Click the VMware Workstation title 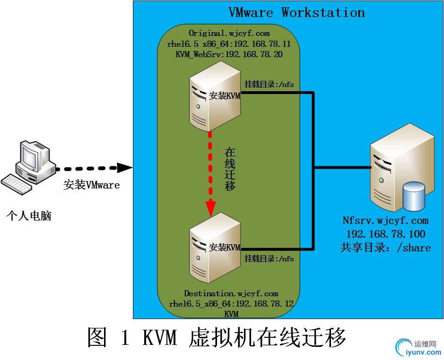coord(296,12)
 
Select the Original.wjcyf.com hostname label coord(229,33)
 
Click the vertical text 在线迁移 coord(230,169)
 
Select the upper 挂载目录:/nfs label coord(269,85)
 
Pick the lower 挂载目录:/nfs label coord(269,259)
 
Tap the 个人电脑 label coord(29,216)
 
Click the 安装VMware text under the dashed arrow coord(92,185)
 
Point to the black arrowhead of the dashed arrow coord(124,167)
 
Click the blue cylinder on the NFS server coord(414,197)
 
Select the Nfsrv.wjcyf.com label coord(385,221)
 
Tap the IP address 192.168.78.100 coord(385,234)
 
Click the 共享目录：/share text coord(385,248)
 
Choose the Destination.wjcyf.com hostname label coord(231,293)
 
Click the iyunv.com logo coord(418,348)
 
